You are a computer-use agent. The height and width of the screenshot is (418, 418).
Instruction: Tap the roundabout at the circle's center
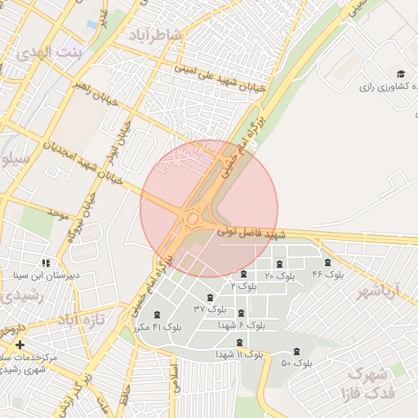click(x=193, y=218)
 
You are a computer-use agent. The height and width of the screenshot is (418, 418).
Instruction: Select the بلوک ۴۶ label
click(x=328, y=275)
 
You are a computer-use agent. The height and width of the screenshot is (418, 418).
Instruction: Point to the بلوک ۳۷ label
click(x=209, y=309)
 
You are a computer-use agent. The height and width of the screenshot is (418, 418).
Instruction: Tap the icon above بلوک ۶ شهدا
click(x=240, y=313)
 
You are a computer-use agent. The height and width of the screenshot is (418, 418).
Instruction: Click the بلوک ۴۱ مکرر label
click(x=156, y=327)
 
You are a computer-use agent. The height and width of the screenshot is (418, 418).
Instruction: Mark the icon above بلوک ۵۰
click(x=296, y=351)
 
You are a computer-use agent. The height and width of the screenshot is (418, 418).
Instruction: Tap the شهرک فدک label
click(x=371, y=383)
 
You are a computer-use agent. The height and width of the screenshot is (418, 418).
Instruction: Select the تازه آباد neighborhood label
click(x=82, y=319)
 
